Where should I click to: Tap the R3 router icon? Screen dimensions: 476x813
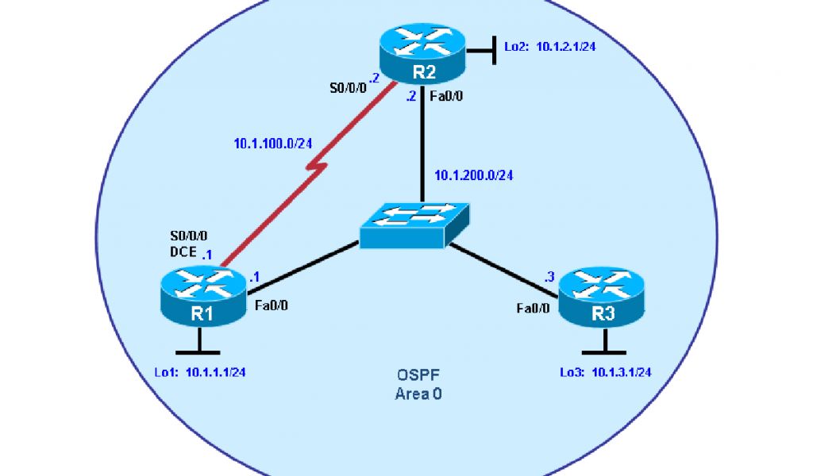604,300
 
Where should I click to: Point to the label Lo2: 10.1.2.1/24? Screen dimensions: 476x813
550,47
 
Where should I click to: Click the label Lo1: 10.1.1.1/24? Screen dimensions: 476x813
199,371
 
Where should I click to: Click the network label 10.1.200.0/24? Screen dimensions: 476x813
472,175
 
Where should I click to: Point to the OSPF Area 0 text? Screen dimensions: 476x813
418,385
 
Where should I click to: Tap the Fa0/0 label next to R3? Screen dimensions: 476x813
533,309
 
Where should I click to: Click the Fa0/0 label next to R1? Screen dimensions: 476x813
272,305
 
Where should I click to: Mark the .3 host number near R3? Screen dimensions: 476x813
549,278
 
